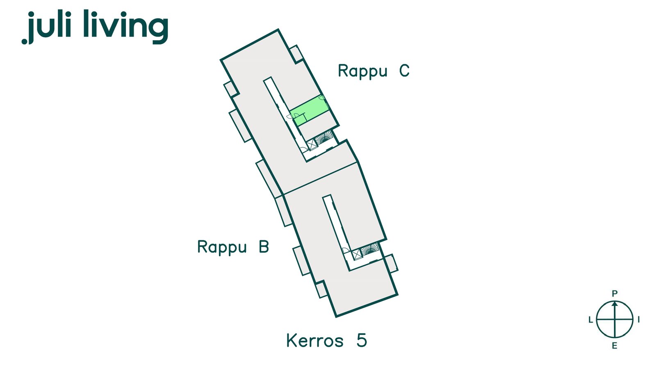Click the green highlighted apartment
pyautogui.click(x=309, y=110)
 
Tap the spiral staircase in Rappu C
pyautogui.click(x=324, y=137)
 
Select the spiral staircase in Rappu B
pyautogui.click(x=370, y=250)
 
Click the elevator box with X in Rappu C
pyautogui.click(x=312, y=145)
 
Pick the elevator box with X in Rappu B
pyautogui.click(x=357, y=255)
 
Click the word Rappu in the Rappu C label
pyautogui.click(x=362, y=71)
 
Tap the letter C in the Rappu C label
pyautogui.click(x=404, y=71)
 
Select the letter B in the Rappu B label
pyautogui.click(x=264, y=246)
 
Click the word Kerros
pyautogui.click(x=315, y=341)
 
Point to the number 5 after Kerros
pyautogui.click(x=362, y=341)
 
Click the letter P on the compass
pyautogui.click(x=615, y=294)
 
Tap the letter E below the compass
pyautogui.click(x=615, y=346)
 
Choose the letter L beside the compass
pyautogui.click(x=591, y=320)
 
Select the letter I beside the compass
pyautogui.click(x=638, y=319)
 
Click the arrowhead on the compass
pyautogui.click(x=615, y=304)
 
